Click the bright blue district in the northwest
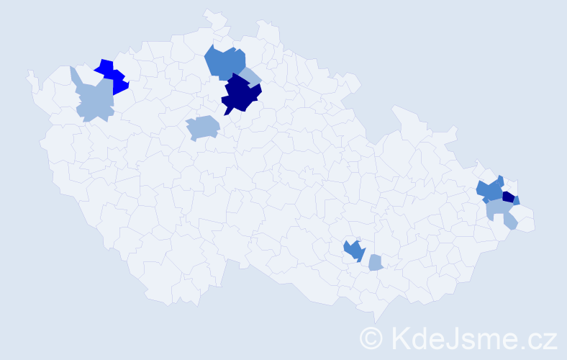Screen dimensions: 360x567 point(112,76)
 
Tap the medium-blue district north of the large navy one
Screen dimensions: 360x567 point(224,62)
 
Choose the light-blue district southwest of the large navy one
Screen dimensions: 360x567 point(202,127)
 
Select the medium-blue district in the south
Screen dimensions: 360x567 point(353,250)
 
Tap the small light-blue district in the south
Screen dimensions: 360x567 point(375,263)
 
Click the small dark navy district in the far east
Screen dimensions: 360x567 point(508,197)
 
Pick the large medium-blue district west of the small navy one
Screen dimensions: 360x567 point(491,191)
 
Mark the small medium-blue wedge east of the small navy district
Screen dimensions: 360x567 point(517,201)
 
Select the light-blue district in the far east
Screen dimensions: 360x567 point(501,212)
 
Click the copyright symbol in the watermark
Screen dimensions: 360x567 point(371,338)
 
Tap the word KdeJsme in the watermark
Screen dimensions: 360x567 point(448,338)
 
